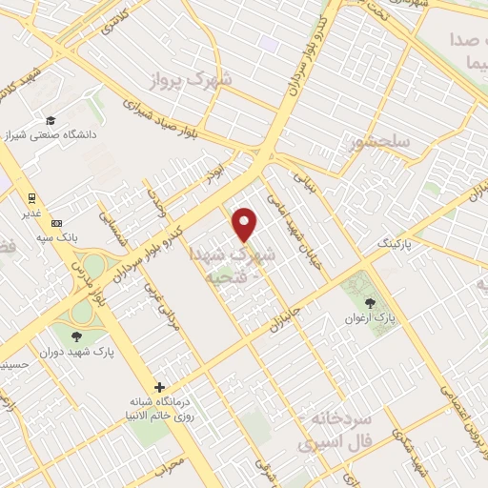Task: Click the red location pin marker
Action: click(246, 224)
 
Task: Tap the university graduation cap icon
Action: click(49, 121)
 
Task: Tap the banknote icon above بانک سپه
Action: click(54, 222)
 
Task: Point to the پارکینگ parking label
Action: click(397, 245)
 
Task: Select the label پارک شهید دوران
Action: click(77, 352)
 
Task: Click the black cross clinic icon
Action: click(160, 388)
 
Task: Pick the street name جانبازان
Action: click(283, 314)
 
